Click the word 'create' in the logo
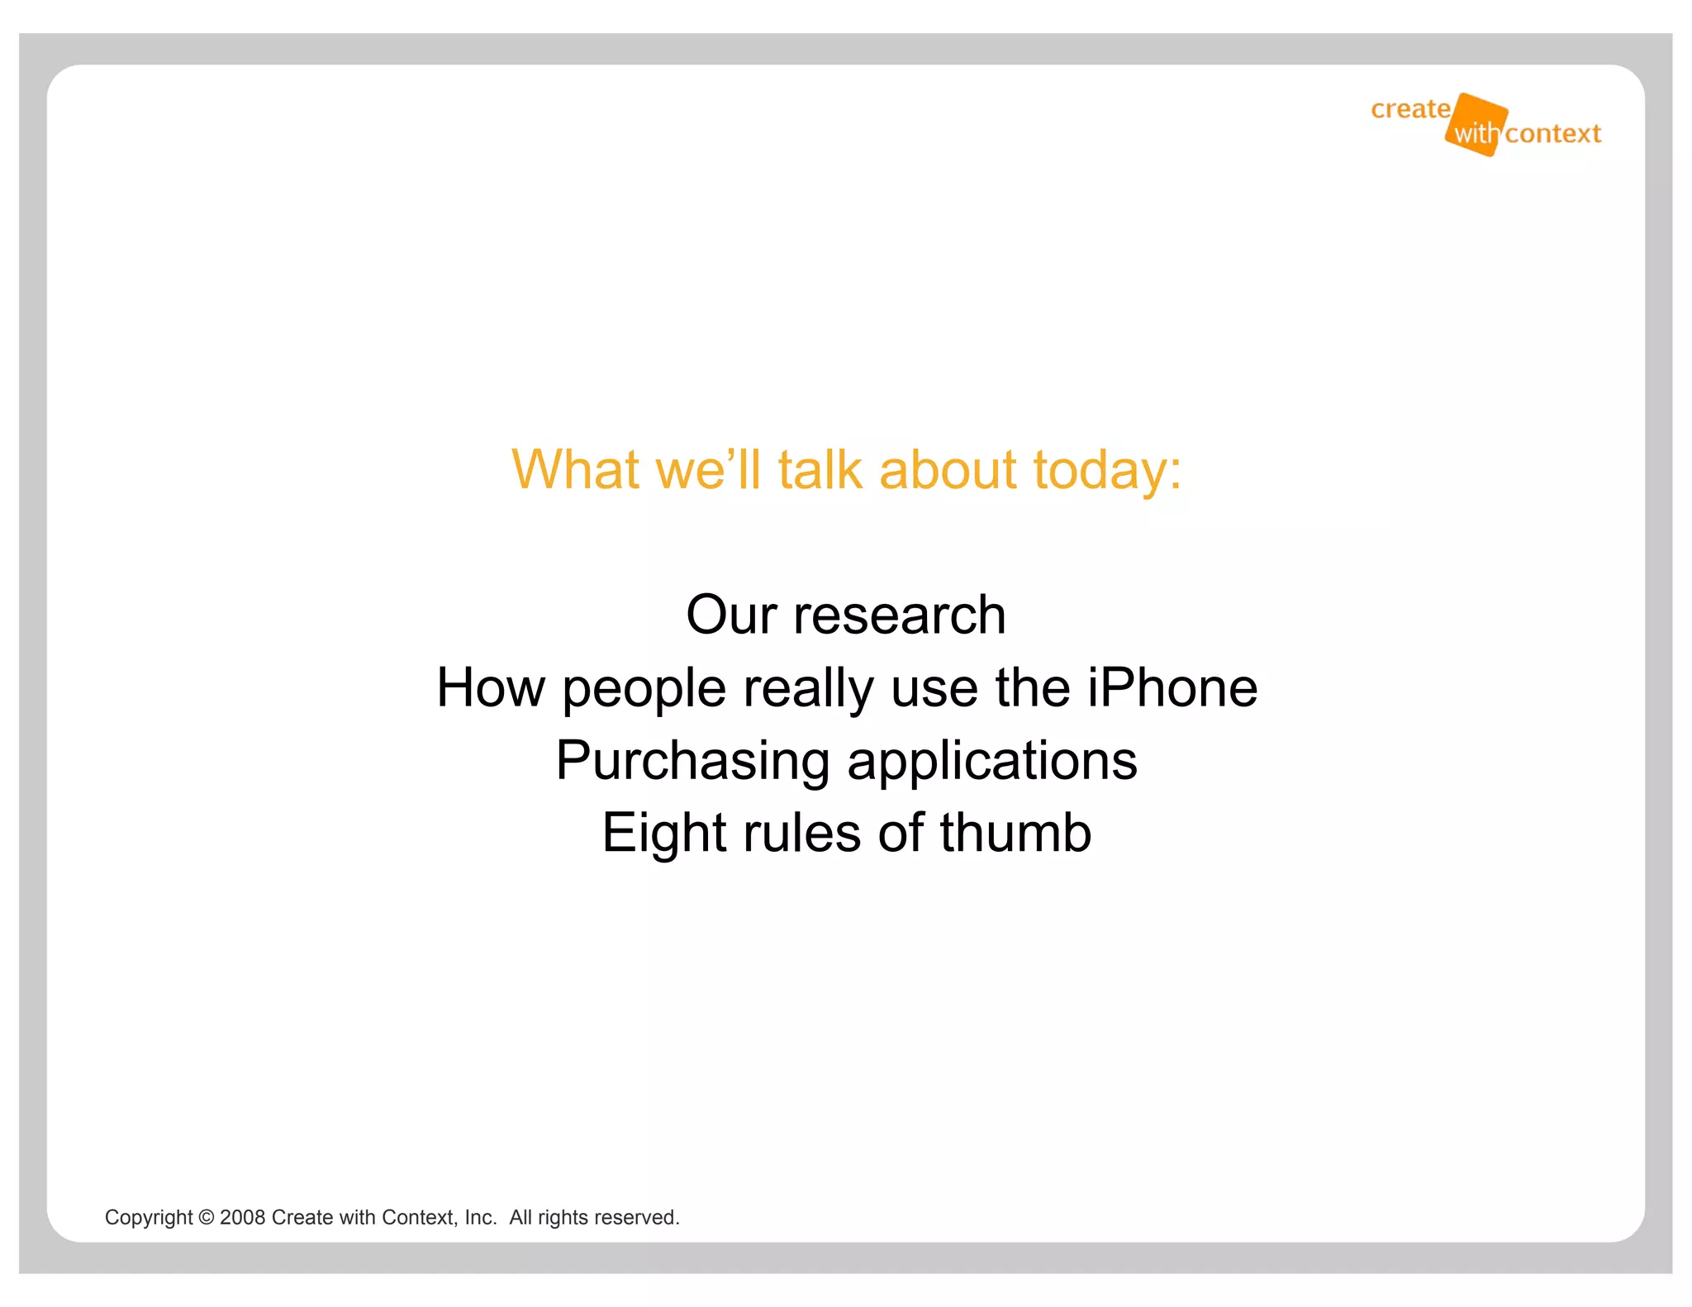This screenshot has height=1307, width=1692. click(1410, 109)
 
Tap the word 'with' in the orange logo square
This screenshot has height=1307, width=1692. click(1476, 134)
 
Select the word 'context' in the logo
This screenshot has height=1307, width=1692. click(1553, 134)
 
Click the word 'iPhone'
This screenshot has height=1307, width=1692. click(1172, 687)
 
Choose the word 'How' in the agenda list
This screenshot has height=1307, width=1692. click(491, 687)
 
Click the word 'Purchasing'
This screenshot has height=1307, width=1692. click(692, 761)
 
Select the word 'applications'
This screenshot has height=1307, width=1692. click(992, 761)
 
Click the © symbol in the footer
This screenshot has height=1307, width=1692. click(207, 1218)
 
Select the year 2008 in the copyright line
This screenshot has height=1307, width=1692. click(242, 1218)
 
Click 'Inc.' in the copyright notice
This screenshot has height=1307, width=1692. click(481, 1218)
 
